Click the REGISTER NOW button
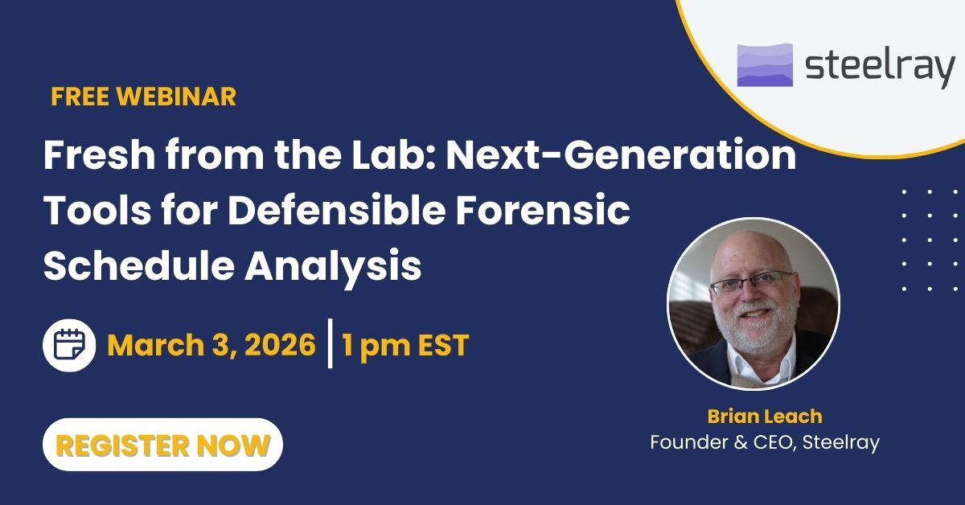pyautogui.click(x=162, y=444)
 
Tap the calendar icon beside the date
pyautogui.click(x=69, y=345)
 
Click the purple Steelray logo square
pyautogui.click(x=765, y=65)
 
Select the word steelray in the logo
pyautogui.click(x=880, y=67)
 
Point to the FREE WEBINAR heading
pyautogui.click(x=143, y=96)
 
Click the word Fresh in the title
pyautogui.click(x=100, y=155)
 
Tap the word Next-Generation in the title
pyautogui.click(x=621, y=155)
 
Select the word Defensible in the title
pyautogui.click(x=336, y=211)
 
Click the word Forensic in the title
pyautogui.click(x=544, y=211)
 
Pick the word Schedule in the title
pyautogui.click(x=138, y=266)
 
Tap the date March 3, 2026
pyautogui.click(x=211, y=345)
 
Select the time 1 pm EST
pyautogui.click(x=405, y=346)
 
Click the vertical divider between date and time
pyautogui.click(x=330, y=343)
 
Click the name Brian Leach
pyautogui.click(x=765, y=417)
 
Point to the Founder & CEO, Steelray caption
pyautogui.click(x=765, y=442)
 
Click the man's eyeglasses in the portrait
pyautogui.click(x=753, y=282)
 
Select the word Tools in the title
pyautogui.click(x=97, y=211)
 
